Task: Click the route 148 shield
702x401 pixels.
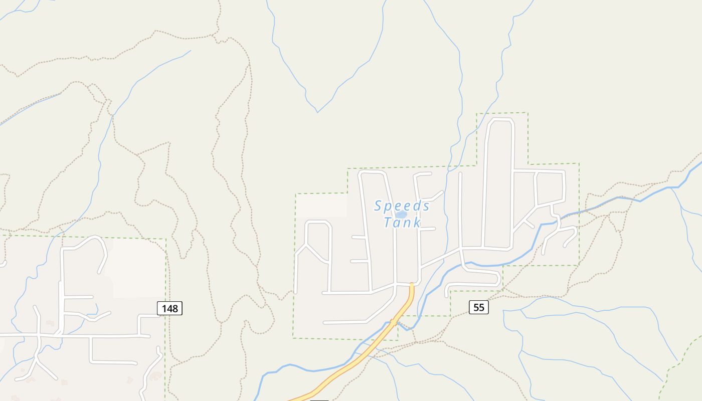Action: coord(169,308)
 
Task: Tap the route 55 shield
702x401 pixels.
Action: coord(478,307)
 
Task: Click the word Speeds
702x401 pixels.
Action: coord(402,206)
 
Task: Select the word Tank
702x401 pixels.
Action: coord(402,222)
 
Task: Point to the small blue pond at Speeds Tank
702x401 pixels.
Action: coord(401,215)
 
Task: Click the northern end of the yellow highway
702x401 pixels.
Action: coord(412,285)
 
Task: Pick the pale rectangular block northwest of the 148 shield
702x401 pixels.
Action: coord(138,268)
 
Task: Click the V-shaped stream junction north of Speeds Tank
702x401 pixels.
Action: coord(317,112)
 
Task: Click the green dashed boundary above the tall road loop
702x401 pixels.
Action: coord(501,113)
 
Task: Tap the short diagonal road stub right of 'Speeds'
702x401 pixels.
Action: coord(435,195)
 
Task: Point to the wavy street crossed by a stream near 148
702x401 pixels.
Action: coord(88,316)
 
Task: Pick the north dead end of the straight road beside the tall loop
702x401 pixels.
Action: coord(460,174)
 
